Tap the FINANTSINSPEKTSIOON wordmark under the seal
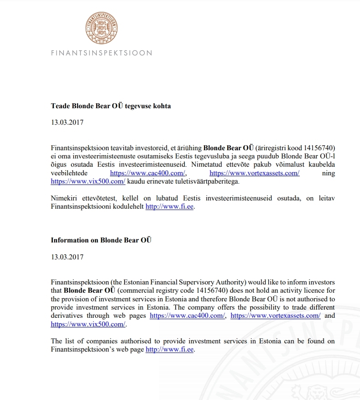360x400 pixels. [101, 53]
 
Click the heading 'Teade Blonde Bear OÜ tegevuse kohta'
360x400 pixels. [111, 106]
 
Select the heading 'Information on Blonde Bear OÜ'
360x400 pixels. [101, 240]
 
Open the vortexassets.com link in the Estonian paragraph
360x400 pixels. [254, 173]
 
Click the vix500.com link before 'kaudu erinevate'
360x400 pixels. [88, 181]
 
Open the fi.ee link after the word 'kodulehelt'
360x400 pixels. [170, 207]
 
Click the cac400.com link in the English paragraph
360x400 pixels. [188, 316]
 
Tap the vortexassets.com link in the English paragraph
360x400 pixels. [276, 316]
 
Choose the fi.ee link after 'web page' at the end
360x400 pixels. [170, 350]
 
